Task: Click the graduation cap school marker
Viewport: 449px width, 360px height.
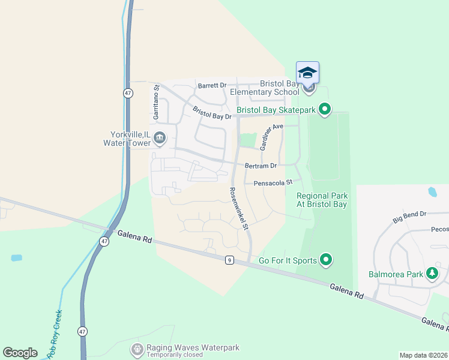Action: coord(307,73)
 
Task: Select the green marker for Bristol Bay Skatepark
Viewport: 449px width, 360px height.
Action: coord(325,109)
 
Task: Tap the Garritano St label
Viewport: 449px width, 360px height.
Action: coord(156,100)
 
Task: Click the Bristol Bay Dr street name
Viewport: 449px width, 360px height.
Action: coord(212,113)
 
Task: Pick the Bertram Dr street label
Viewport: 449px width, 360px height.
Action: coord(261,166)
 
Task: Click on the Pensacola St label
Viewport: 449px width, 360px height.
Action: coord(273,182)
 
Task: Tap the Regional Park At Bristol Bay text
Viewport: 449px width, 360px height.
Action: coord(322,200)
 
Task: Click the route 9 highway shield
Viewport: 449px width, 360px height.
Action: coord(229,260)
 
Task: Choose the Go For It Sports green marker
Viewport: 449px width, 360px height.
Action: coord(326,260)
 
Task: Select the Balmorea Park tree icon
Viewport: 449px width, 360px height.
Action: coord(432,274)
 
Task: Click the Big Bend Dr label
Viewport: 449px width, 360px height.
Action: coord(409,217)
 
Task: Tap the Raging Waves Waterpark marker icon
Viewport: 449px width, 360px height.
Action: coord(137,348)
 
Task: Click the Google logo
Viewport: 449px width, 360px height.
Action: coord(20,353)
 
